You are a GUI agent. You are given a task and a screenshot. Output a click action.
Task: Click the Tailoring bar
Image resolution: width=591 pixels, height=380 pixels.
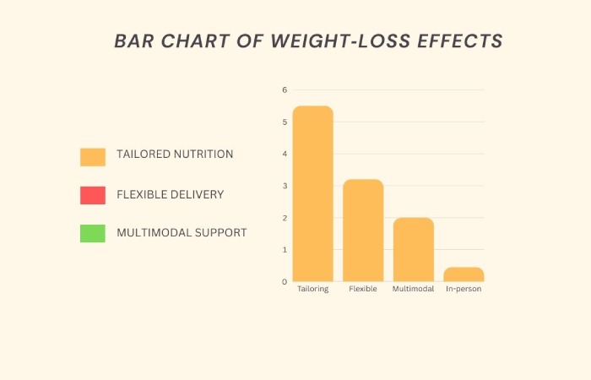pos(312,193)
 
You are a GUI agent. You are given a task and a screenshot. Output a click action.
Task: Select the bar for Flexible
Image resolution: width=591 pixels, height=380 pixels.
pos(363,230)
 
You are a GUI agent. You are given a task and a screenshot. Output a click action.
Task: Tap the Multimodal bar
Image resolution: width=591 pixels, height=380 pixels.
pos(413,249)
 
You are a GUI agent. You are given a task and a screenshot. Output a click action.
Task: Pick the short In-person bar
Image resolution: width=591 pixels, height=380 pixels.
pos(464,274)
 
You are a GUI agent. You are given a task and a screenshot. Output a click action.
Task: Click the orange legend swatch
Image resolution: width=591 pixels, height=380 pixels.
pos(93,156)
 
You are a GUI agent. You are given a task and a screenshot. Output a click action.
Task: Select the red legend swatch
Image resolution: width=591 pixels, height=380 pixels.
pos(93,195)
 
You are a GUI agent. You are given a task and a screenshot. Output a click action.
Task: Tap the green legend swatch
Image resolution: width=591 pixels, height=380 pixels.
pos(93,233)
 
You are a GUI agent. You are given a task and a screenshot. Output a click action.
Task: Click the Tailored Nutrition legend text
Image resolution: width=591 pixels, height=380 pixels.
pos(175,155)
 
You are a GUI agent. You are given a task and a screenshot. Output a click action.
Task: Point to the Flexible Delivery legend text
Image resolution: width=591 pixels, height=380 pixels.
pos(170,194)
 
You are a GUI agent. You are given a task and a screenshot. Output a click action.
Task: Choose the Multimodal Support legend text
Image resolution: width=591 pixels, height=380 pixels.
pos(182,232)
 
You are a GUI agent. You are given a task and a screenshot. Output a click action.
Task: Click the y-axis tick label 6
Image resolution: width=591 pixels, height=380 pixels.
pos(285,90)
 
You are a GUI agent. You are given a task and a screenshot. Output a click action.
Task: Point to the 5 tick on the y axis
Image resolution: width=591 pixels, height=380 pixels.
pos(285,122)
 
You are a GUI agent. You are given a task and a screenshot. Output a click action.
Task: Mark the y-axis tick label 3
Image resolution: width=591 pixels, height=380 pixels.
pos(285,186)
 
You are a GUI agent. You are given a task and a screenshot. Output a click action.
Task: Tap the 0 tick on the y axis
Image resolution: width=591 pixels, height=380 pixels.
pos(285,281)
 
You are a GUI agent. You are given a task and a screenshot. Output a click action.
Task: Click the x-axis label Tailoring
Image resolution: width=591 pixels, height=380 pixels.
pos(312,289)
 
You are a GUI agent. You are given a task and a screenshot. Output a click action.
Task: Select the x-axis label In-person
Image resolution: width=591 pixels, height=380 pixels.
pos(464,289)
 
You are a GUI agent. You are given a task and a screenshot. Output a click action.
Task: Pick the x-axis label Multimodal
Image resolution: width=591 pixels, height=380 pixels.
pos(413,289)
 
